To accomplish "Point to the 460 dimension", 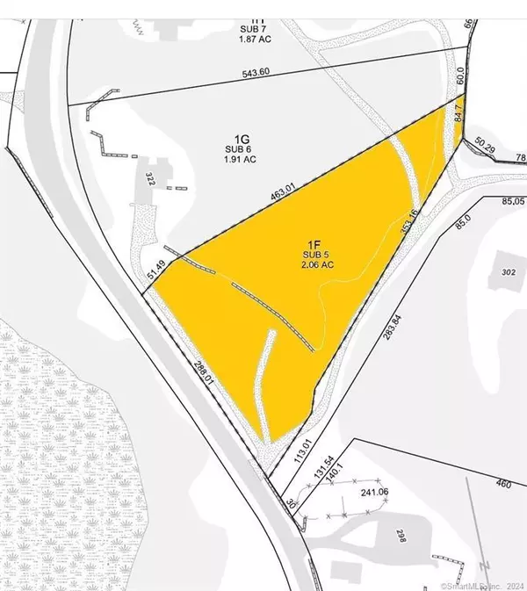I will (x=502, y=483).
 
